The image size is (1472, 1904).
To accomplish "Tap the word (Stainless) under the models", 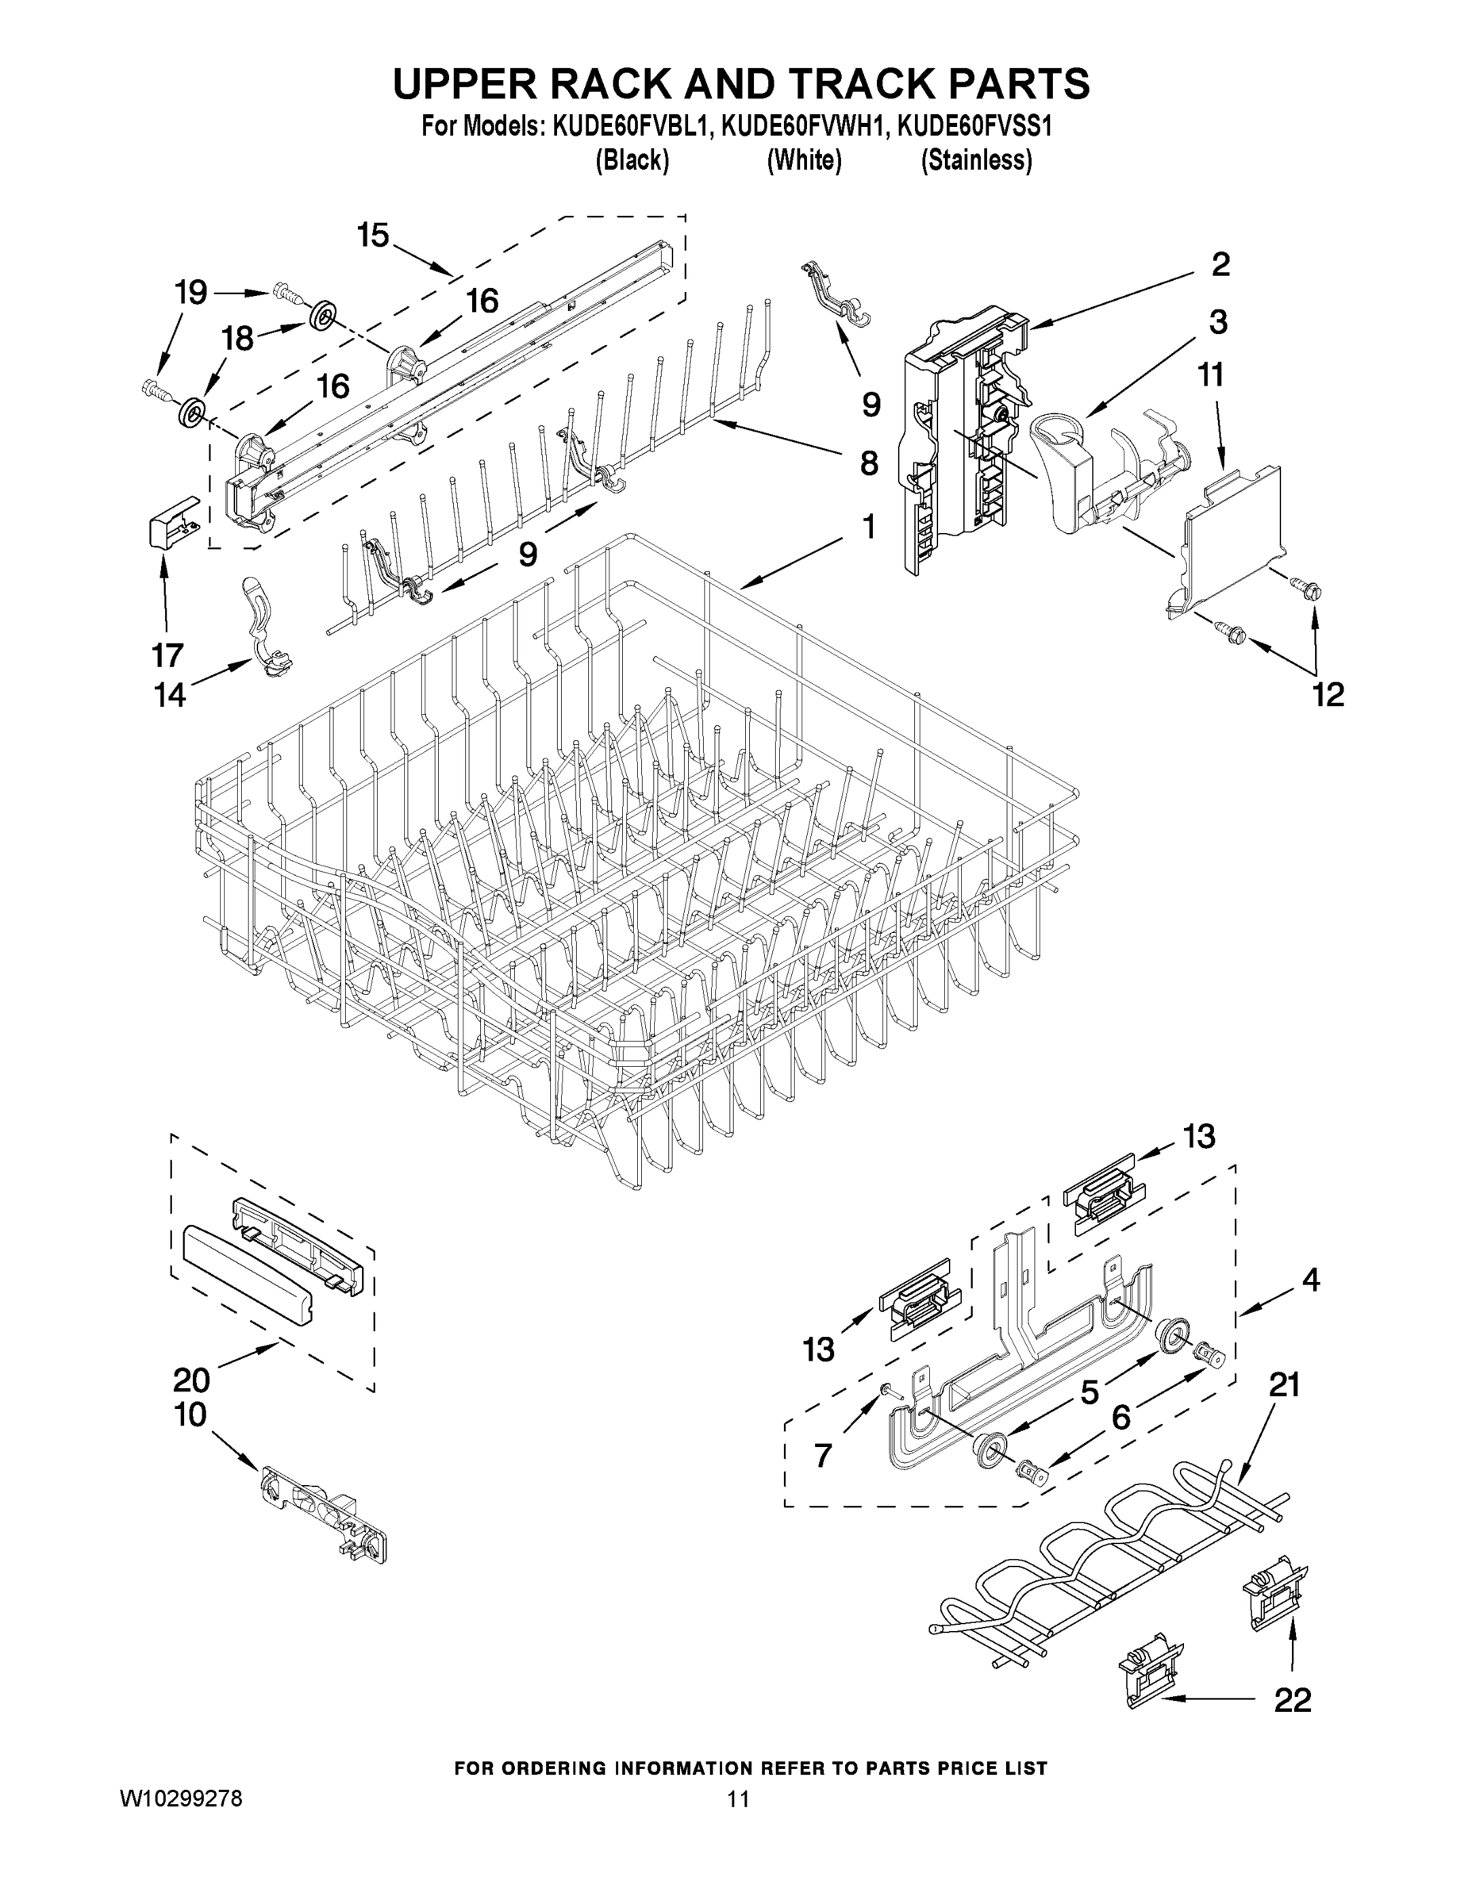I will click(x=977, y=160).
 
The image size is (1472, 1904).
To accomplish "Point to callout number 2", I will click(x=1220, y=264).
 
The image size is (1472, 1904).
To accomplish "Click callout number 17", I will click(x=167, y=654).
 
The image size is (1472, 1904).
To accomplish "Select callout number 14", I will click(x=170, y=695).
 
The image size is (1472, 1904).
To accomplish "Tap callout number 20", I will click(x=191, y=1380).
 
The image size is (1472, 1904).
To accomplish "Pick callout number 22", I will click(x=1293, y=1699).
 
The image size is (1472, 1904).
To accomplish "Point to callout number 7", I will click(x=822, y=1455).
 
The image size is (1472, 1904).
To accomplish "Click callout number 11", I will click(x=1210, y=375).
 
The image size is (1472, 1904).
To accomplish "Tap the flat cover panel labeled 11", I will click(x=1229, y=540).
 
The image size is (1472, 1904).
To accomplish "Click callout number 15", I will click(x=372, y=235).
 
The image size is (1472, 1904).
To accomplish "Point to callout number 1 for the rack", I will click(x=869, y=526).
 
